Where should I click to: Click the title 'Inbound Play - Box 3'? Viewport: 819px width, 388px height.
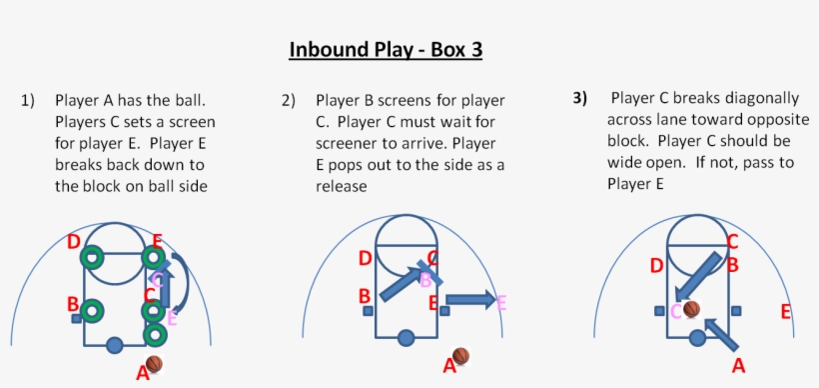[385, 49]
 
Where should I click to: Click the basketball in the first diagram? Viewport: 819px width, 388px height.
[154, 364]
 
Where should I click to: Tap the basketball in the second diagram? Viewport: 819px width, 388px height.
[460, 356]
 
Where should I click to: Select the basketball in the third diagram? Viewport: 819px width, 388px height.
[691, 310]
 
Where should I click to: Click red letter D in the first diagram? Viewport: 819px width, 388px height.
[74, 242]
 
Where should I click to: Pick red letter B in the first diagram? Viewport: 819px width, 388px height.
[73, 303]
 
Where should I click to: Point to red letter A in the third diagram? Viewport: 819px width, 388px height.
[738, 366]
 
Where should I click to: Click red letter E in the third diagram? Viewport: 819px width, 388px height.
[786, 312]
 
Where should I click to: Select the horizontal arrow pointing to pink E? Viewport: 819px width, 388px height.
[469, 298]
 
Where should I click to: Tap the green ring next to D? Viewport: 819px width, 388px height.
[93, 257]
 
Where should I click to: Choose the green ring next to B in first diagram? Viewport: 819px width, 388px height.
[92, 311]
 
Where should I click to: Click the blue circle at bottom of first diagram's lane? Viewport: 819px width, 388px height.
[114, 346]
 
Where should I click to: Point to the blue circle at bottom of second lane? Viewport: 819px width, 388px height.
[406, 338]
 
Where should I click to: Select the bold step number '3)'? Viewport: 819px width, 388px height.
[580, 98]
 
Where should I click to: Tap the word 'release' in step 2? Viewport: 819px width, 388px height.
[343, 186]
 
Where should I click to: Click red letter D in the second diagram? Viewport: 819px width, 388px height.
[365, 259]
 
